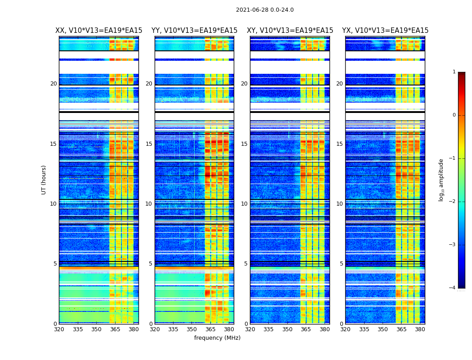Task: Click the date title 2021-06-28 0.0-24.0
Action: tap(265, 10)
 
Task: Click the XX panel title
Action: tap(99, 31)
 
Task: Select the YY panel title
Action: tap(194, 31)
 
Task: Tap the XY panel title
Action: tap(290, 31)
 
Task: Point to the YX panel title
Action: tap(385, 31)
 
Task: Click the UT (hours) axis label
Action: tap(44, 180)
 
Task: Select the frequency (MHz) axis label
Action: tap(217, 338)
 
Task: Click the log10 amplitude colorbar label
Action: tap(441, 180)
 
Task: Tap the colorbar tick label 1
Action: tap(454, 72)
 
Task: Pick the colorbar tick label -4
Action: tap(453, 288)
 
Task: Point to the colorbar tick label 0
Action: tap(454, 115)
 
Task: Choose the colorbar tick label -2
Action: tap(453, 202)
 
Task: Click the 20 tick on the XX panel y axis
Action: tap(53, 84)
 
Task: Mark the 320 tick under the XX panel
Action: tap(59, 329)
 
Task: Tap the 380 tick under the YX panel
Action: tap(420, 329)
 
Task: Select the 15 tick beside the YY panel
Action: tap(149, 144)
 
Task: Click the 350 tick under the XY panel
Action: tap(287, 329)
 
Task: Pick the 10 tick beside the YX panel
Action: tap(339, 204)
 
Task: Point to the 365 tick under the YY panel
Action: tap(210, 329)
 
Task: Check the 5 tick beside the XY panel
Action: tap(245, 264)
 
